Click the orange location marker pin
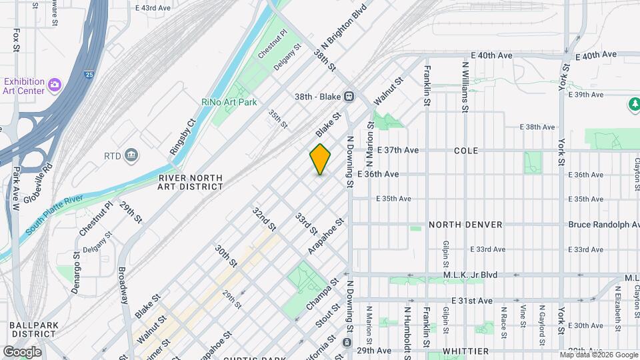click(321, 159)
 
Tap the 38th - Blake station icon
click(348, 96)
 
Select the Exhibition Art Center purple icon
click(54, 85)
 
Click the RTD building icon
click(132, 156)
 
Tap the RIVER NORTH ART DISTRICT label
click(191, 183)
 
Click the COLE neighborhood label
click(466, 151)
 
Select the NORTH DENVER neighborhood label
click(465, 225)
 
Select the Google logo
click(23, 351)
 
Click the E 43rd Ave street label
click(153, 7)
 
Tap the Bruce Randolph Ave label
click(603, 225)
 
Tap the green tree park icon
click(633, 105)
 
